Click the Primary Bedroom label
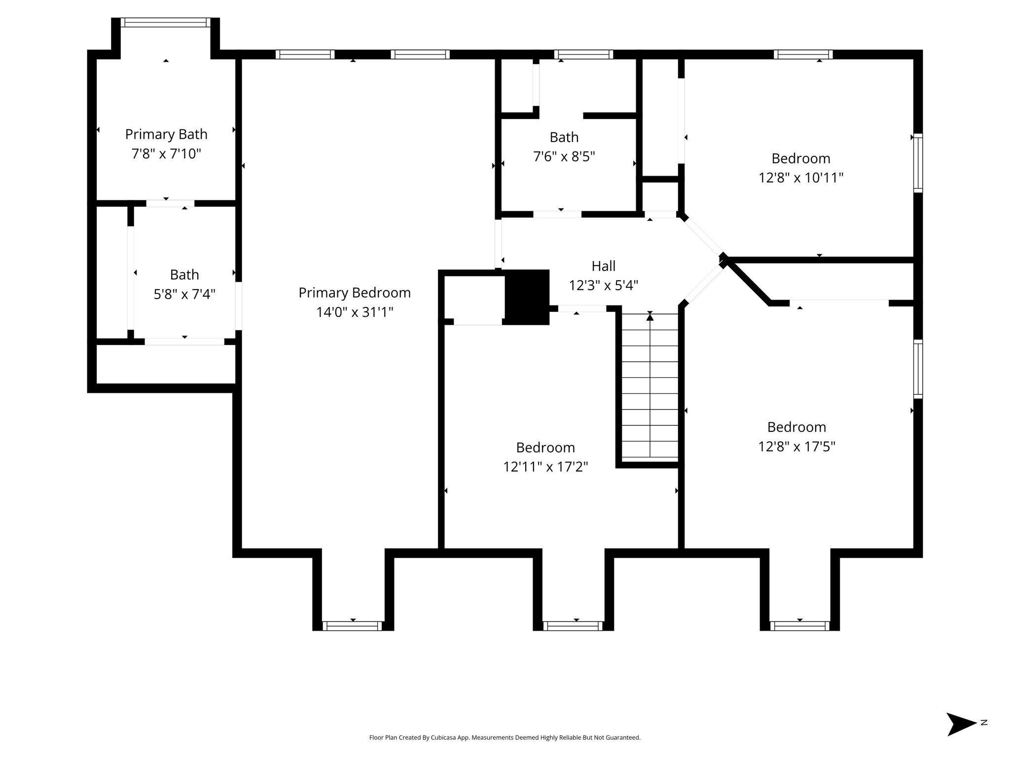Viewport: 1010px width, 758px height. (355, 293)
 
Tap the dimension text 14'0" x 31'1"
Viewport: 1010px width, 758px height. (355, 312)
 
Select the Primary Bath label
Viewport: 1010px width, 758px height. (166, 135)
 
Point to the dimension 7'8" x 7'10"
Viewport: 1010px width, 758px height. (166, 154)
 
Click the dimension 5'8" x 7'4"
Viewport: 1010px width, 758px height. (184, 295)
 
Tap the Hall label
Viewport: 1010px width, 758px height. (604, 266)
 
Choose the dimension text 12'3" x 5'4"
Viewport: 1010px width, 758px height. (604, 286)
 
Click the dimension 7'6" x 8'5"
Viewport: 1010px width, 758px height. (564, 157)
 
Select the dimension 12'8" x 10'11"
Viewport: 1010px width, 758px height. (801, 178)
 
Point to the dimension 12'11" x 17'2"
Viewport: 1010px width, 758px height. (545, 467)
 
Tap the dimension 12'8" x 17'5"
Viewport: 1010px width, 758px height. (796, 447)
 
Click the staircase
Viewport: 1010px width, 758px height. (649, 386)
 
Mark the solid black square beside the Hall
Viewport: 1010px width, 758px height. (527, 297)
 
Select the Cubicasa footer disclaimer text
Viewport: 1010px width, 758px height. (505, 738)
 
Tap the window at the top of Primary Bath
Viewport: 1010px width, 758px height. (166, 22)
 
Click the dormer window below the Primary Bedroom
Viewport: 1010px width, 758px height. (353, 626)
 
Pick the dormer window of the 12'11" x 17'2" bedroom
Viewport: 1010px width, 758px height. (573, 626)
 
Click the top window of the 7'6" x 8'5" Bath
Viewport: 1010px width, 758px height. (583, 54)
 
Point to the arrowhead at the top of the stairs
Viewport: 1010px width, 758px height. (650, 317)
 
